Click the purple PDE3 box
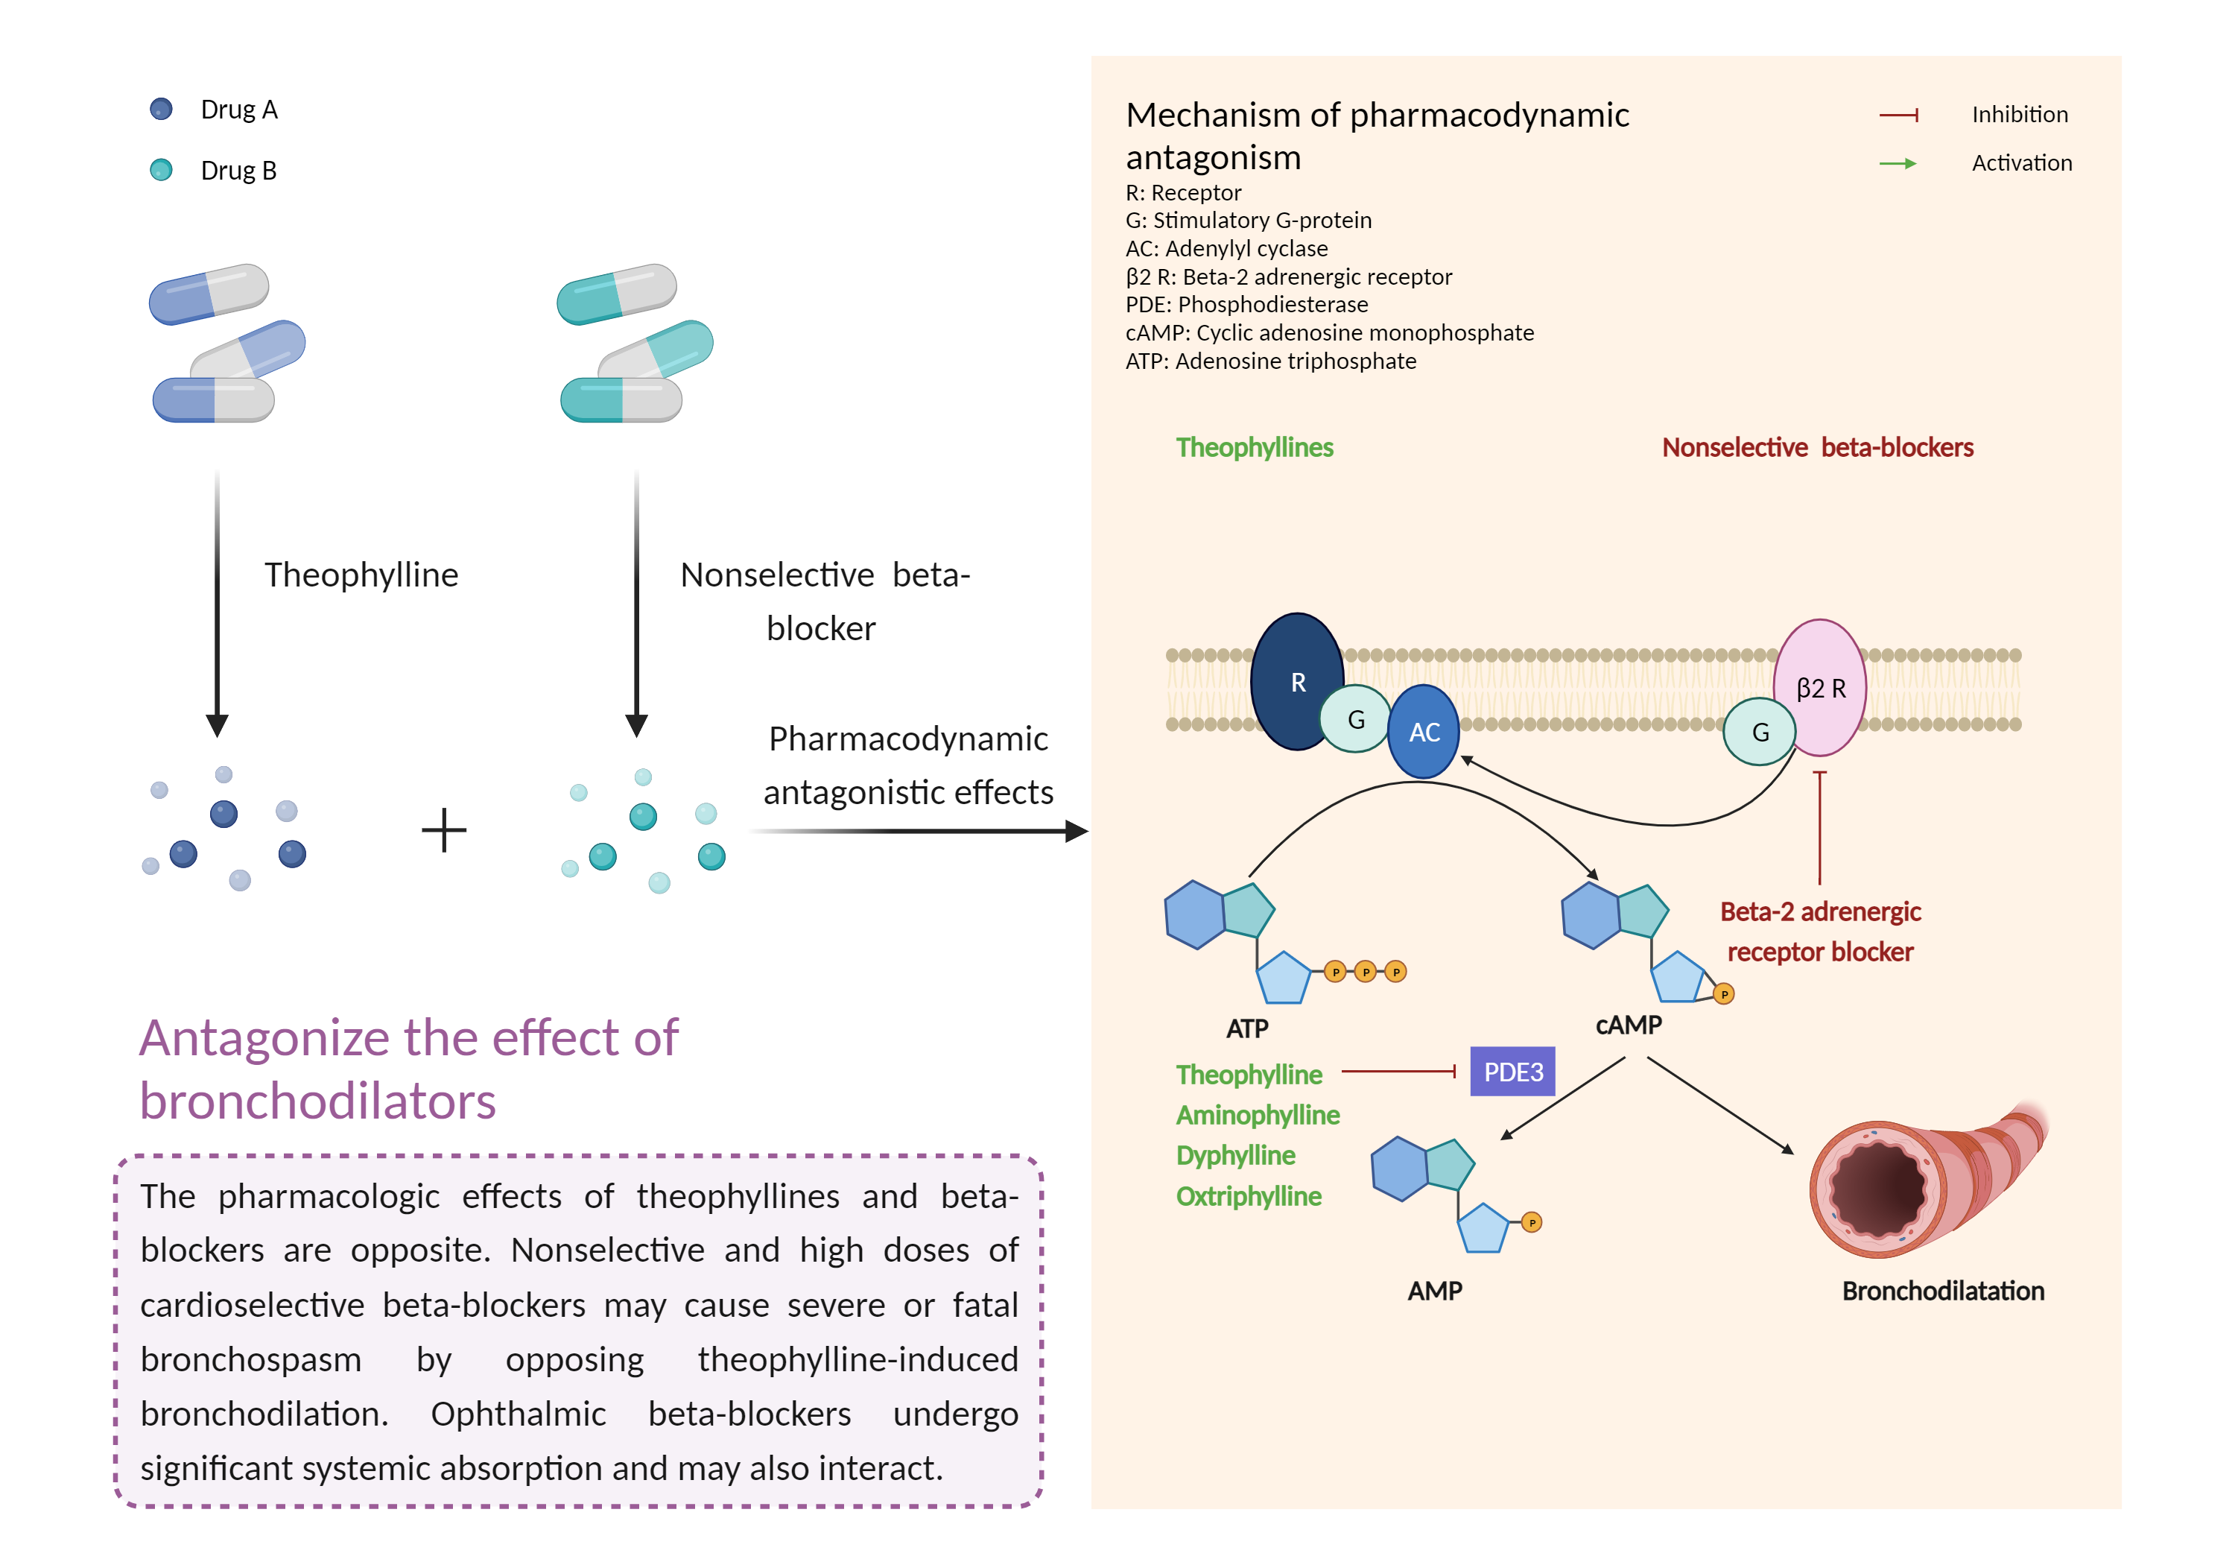click(x=1512, y=1071)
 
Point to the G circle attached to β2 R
click(x=1759, y=731)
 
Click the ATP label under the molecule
click(x=1247, y=1028)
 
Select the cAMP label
click(x=1629, y=1025)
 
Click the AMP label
click(x=1434, y=1290)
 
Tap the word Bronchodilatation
click(x=1942, y=1290)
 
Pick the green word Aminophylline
click(x=1258, y=1115)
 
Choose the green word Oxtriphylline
click(x=1249, y=1196)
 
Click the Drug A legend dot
click(x=162, y=109)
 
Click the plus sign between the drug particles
click(x=444, y=829)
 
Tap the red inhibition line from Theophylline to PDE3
click(x=1398, y=1071)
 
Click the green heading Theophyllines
click(x=1254, y=447)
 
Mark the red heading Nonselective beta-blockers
click(x=1816, y=447)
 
